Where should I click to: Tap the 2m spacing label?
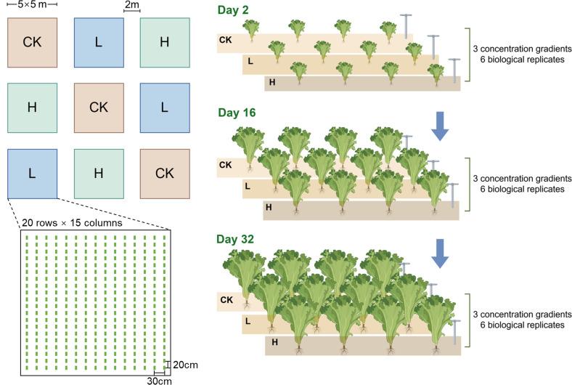click(132, 5)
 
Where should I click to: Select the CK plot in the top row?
click(32, 41)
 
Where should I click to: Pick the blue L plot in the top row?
click(99, 41)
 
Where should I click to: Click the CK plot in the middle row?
click(99, 108)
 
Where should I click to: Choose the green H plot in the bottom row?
click(99, 173)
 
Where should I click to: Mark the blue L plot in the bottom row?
click(32, 173)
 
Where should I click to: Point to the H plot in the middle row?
click(32, 108)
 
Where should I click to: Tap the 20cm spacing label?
click(184, 365)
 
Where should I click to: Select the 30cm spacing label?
click(160, 379)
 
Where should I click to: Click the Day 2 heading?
click(234, 11)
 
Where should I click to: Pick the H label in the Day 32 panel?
click(274, 341)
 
